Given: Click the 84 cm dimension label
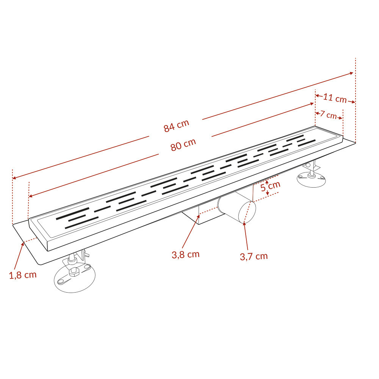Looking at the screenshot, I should tap(176, 126).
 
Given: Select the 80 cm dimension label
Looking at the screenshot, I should tap(183, 144).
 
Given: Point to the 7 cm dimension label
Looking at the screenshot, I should tap(328, 114).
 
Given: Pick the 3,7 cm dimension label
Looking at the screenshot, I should tap(254, 256).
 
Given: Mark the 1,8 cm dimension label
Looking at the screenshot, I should tap(23, 275).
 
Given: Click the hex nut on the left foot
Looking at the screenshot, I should tap(74, 272).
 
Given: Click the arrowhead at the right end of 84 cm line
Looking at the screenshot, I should tap(351, 74).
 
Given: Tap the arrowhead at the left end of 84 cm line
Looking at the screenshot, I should tap(14, 178).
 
